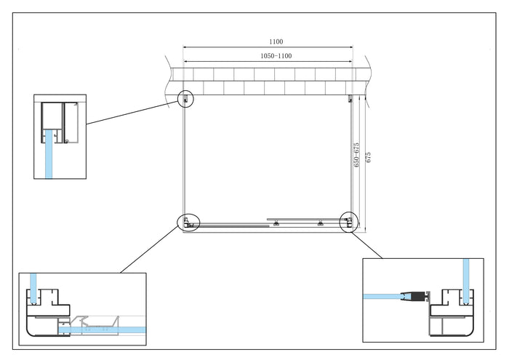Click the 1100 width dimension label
point(275,41)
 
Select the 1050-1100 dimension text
point(276,56)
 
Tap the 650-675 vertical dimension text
point(356,155)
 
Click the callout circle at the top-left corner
point(187,98)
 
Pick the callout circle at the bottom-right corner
point(349,221)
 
